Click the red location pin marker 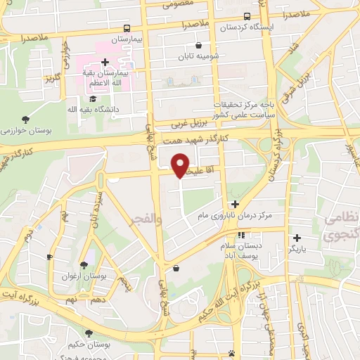[x=181, y=165]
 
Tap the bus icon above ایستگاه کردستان [x=247, y=16]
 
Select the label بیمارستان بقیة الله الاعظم [x=115, y=77]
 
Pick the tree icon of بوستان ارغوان [x=84, y=264]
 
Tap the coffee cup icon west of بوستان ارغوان [x=49, y=257]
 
